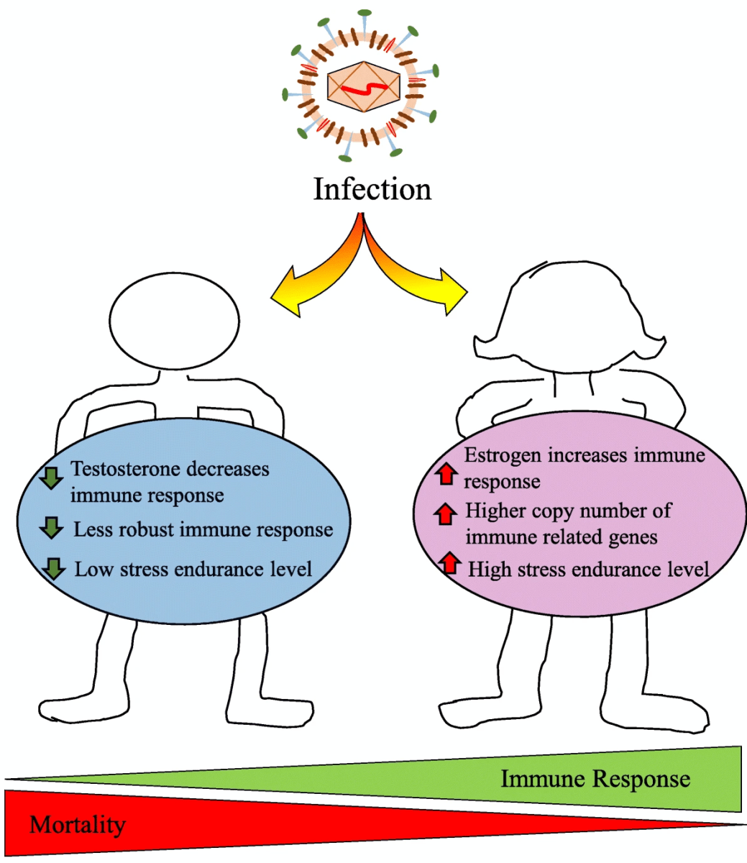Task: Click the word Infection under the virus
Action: [372, 189]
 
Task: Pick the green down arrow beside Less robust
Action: [51, 528]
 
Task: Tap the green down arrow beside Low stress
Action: [53, 569]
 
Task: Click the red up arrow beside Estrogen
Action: [446, 474]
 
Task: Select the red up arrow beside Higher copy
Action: [446, 513]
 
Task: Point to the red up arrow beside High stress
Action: [450, 563]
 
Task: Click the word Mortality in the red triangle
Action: [77, 824]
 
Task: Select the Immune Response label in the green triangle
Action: [595, 779]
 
